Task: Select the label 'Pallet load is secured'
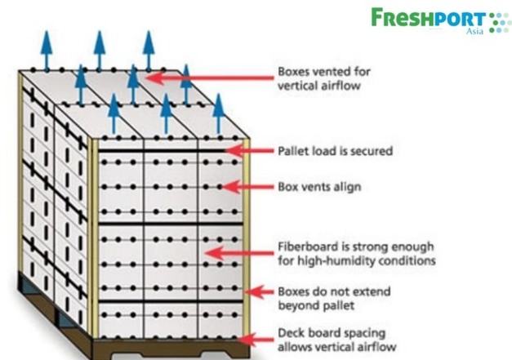(324, 151)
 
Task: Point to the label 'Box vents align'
(307, 187)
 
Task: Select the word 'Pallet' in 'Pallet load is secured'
(291, 151)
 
